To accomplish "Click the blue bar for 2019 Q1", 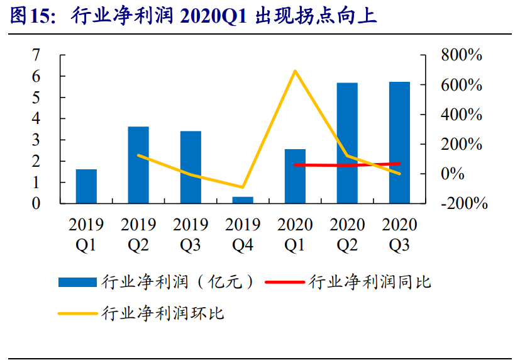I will [x=86, y=186].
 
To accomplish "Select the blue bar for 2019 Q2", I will [x=138, y=165].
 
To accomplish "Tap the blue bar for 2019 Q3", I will [x=191, y=167].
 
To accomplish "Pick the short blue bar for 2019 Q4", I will [x=243, y=200].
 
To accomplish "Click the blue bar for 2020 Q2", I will [x=346, y=143].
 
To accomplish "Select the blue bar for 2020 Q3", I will [x=399, y=143].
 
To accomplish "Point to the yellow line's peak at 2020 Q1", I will [x=295, y=70].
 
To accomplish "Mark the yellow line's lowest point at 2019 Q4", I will [x=243, y=187].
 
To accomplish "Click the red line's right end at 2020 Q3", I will [x=399, y=164].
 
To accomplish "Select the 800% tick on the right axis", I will [x=462, y=55].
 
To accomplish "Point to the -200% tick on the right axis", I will [x=464, y=203].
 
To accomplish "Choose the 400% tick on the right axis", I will [x=462, y=115].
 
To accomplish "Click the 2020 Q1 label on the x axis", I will [x=295, y=234].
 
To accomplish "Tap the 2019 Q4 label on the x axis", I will [x=243, y=234].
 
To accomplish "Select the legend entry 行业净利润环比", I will [x=163, y=313].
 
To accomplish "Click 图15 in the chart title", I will [x=29, y=16].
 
